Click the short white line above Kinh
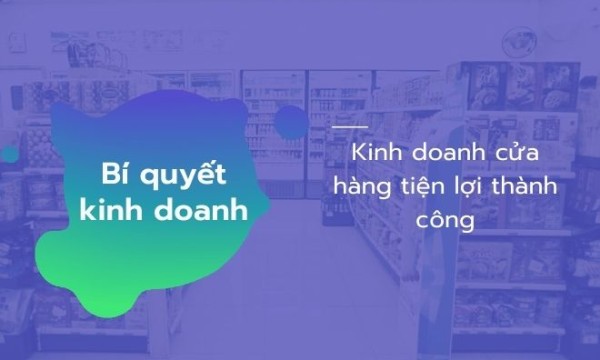(x=349, y=127)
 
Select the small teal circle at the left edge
(x=8, y=154)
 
